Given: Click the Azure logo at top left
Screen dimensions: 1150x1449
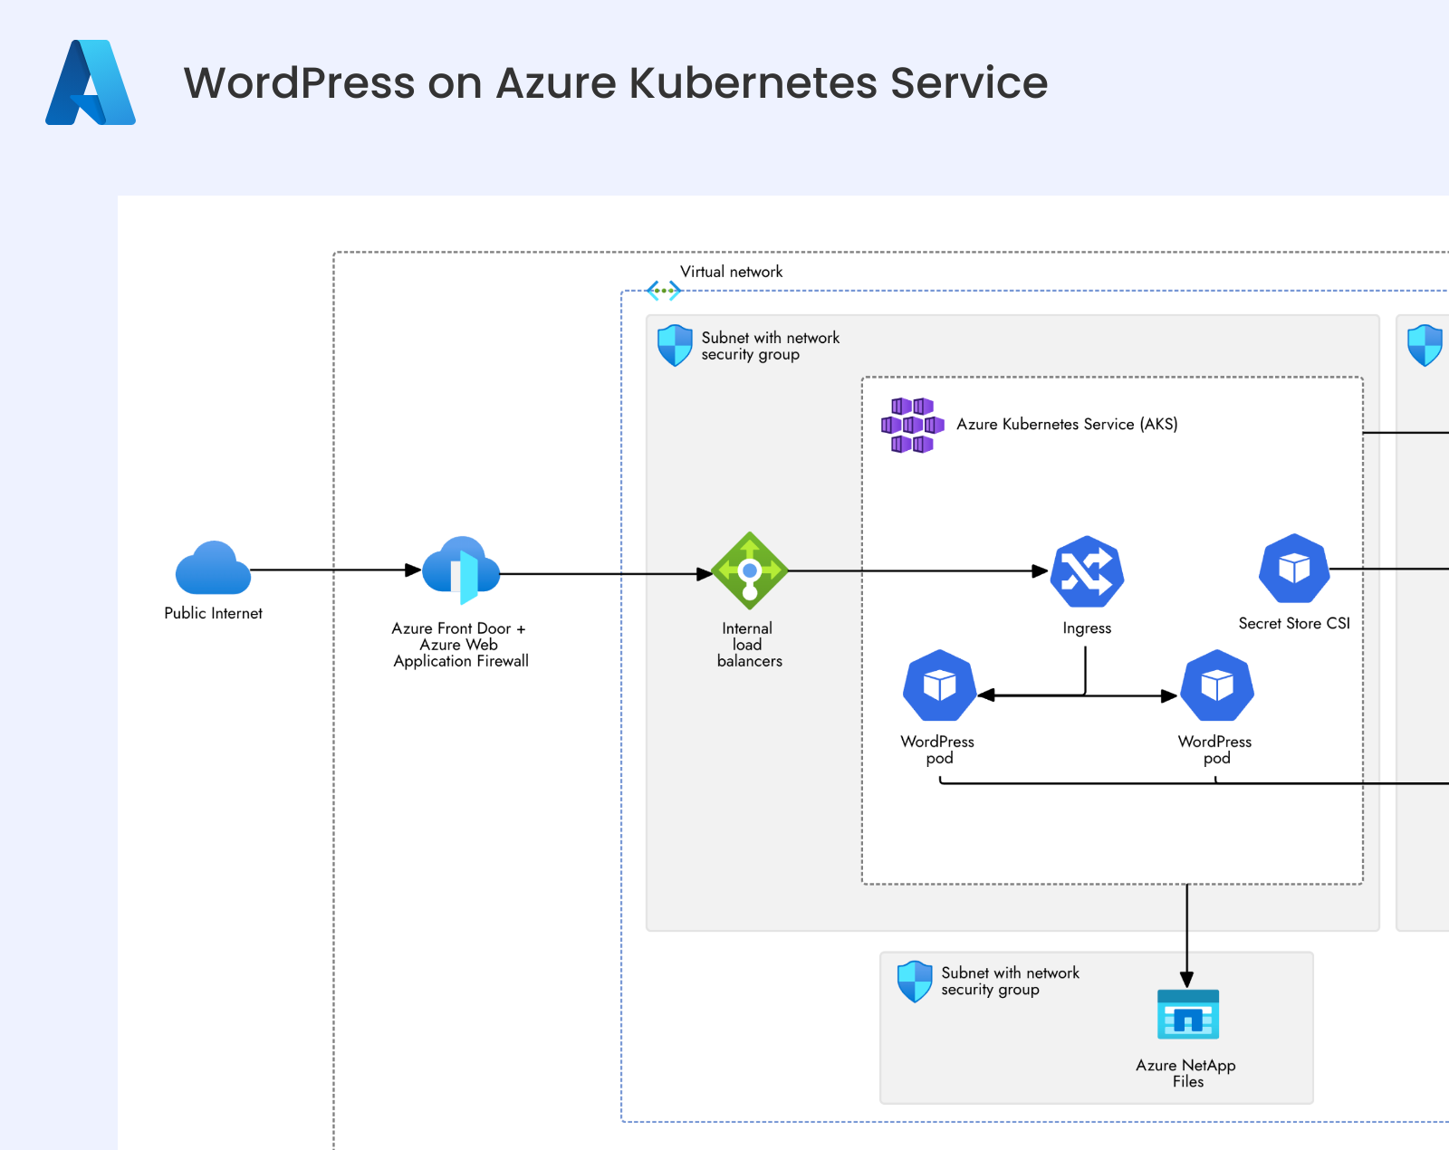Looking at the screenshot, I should (91, 82).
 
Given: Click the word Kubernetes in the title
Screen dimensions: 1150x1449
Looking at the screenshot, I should (752, 82).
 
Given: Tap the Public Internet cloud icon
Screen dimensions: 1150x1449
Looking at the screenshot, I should (213, 569).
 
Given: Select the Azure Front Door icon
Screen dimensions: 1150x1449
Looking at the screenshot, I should (461, 570).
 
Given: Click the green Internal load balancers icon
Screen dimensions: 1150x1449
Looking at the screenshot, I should (750, 570).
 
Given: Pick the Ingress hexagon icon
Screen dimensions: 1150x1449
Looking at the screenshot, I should (1087, 572).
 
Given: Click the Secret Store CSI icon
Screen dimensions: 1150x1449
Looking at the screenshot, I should (1294, 569).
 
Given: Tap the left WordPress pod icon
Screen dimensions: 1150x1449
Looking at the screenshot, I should (939, 685).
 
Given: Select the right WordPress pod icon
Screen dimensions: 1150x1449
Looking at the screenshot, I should (1217, 685).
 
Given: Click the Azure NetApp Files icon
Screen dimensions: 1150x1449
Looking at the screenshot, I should (1188, 1014).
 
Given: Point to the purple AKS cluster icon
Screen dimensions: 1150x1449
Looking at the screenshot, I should (912, 425).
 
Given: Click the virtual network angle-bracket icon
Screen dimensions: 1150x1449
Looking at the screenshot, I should (664, 291).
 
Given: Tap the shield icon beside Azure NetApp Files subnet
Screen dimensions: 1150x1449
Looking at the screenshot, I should (915, 982).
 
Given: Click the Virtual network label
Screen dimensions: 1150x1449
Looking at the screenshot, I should (731, 272).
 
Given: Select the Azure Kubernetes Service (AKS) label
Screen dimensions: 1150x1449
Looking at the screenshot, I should (1067, 424).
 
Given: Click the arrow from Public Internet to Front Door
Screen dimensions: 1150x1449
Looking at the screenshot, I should (326, 570).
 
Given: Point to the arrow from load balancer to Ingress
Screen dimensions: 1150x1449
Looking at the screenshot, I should (915, 571).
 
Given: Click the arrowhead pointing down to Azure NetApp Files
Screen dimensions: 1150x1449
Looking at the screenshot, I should (1187, 979).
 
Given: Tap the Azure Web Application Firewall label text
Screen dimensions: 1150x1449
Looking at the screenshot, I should (461, 653).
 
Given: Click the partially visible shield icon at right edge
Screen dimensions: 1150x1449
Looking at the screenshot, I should (1425, 345).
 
